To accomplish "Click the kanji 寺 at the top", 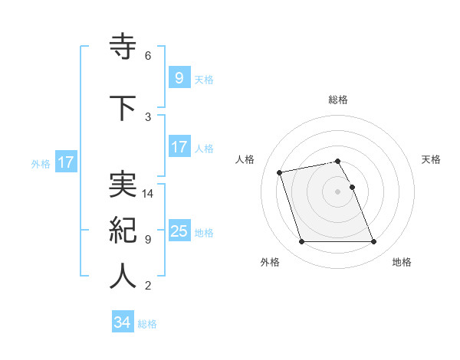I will (123, 47).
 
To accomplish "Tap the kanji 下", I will (123, 108).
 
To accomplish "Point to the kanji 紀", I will (123, 230).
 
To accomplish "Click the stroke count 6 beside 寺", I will (147, 56).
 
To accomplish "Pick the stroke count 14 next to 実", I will (148, 194).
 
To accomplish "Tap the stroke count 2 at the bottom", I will (147, 286).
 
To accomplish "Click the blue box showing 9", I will (179, 78).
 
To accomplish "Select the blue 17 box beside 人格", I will (179, 147).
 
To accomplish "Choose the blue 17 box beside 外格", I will (66, 162).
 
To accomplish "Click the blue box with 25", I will (179, 231).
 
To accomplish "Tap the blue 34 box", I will (122, 322).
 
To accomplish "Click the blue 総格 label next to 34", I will (147, 323).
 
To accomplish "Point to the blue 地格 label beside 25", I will (204, 232).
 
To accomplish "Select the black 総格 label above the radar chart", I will (337, 100).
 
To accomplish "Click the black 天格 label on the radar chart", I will (432, 159).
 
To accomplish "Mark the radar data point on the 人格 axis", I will (280, 172).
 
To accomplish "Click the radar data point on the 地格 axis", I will (373, 242).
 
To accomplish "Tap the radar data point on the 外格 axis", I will (301, 242).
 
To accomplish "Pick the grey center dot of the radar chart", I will (337, 191).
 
